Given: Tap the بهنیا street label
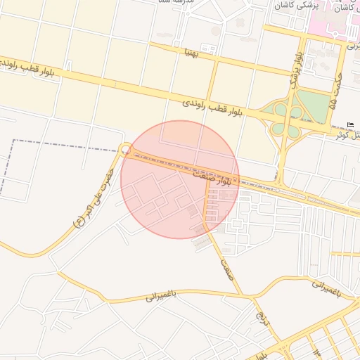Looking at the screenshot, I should pyautogui.click(x=190, y=51).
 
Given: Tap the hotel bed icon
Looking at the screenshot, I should pyautogui.click(x=351, y=125).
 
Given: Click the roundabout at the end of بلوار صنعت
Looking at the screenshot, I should pyautogui.click(x=125, y=149).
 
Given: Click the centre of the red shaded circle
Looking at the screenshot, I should pyautogui.click(x=180, y=179).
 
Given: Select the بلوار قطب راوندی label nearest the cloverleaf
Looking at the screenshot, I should pyautogui.click(x=212, y=107).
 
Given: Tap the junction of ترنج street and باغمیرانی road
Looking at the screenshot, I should pyautogui.click(x=245, y=293).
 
